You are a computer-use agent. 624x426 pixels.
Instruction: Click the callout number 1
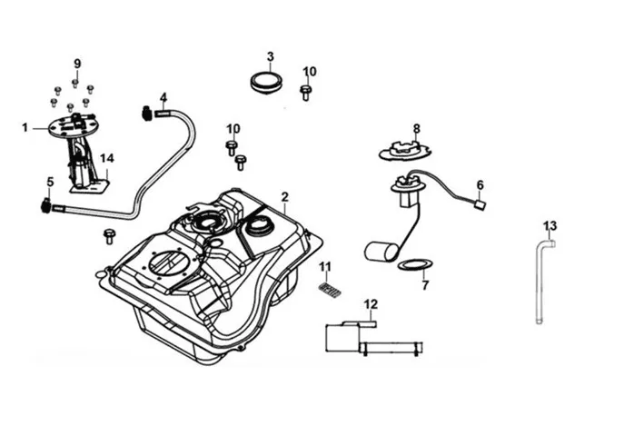tap(25, 128)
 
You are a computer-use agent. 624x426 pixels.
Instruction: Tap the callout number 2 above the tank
tap(284, 197)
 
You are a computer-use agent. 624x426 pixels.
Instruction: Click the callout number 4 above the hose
tap(163, 97)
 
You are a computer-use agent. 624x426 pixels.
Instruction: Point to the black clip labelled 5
tap(45, 206)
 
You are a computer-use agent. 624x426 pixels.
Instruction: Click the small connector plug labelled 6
tap(480, 205)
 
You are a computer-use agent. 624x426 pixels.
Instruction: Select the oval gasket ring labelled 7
tap(415, 264)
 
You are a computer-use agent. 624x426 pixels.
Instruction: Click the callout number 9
tap(77, 64)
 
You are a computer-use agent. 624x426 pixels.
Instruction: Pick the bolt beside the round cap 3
tap(305, 93)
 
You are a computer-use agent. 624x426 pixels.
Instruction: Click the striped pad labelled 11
tap(330, 291)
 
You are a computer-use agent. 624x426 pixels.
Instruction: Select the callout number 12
tap(371, 304)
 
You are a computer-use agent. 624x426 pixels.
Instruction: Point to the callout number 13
tap(550, 226)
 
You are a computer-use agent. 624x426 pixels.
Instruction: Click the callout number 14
tap(106, 158)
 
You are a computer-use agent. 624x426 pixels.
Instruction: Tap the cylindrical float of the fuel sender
tap(381, 252)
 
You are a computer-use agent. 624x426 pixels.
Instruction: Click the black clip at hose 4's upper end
tap(146, 113)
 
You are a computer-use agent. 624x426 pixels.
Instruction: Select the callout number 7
tap(425, 285)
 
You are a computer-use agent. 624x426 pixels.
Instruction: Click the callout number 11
tap(325, 266)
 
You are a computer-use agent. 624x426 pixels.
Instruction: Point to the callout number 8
tap(416, 129)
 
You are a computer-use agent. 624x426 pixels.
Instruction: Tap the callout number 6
tap(480, 185)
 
